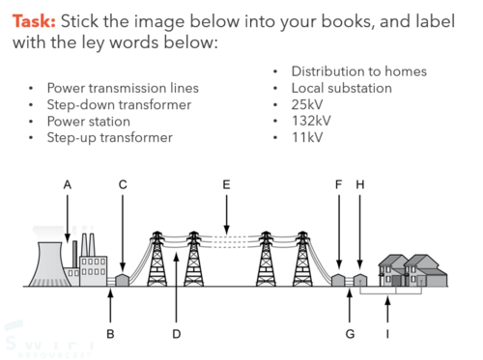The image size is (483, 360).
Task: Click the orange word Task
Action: point(34,21)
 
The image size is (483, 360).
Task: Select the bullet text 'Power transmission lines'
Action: point(123,88)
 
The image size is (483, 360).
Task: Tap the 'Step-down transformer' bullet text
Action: point(119,105)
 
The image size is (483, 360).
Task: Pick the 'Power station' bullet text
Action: point(89,122)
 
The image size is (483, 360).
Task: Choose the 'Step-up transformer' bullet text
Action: point(110,138)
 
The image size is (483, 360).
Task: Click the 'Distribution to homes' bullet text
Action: point(359,71)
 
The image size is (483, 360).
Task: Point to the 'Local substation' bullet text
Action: point(342,88)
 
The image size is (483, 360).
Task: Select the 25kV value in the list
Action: point(307,104)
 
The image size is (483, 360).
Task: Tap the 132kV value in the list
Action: point(311,121)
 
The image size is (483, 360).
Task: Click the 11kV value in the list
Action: point(307,137)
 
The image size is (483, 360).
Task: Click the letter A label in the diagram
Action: point(68,185)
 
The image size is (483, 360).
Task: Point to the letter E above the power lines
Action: point(226,185)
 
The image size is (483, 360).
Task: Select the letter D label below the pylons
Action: point(177,334)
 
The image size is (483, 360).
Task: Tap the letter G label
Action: point(350,334)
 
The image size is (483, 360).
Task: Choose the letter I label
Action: point(387,334)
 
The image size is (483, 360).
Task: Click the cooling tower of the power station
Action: point(49,264)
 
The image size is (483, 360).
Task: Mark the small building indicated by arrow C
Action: point(123,280)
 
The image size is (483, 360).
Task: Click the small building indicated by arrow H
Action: point(360,280)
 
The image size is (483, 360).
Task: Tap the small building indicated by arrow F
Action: point(338,280)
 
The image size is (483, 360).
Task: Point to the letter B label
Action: point(110,334)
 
